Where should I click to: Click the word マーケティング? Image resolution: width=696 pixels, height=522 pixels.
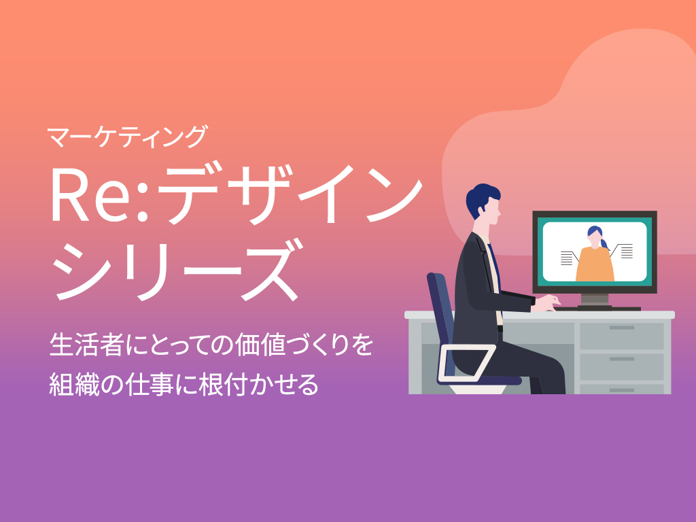point(128,137)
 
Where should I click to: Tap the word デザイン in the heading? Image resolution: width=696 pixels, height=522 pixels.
point(289,194)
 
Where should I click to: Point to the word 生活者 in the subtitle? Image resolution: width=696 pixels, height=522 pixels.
point(86,345)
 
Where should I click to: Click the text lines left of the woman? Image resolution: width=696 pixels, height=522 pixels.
point(566,258)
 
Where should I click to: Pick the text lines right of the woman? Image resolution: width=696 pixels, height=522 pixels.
point(627,251)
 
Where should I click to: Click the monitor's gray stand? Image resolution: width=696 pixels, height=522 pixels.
point(595,300)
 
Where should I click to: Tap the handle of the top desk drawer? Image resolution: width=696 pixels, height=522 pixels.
point(621,328)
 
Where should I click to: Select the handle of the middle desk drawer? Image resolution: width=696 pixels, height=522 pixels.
point(621,359)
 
